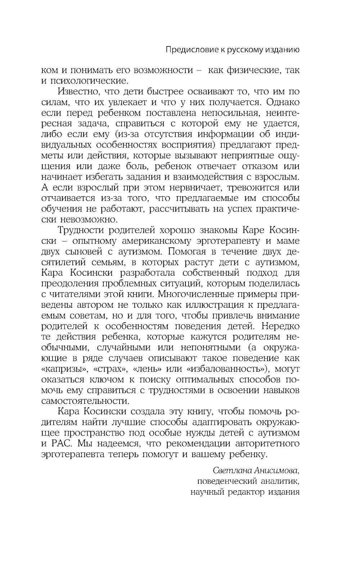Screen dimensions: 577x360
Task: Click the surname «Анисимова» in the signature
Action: click(x=270, y=471)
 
